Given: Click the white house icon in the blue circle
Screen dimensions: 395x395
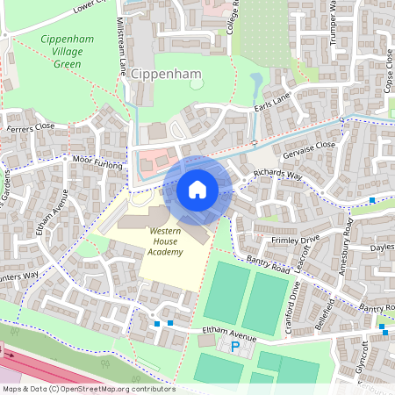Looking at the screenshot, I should (x=197, y=189).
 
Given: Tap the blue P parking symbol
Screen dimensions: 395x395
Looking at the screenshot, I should (x=234, y=348).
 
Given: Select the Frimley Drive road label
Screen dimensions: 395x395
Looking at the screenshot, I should (x=296, y=239).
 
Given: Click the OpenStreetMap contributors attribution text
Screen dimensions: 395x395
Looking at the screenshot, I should (x=88, y=388).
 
